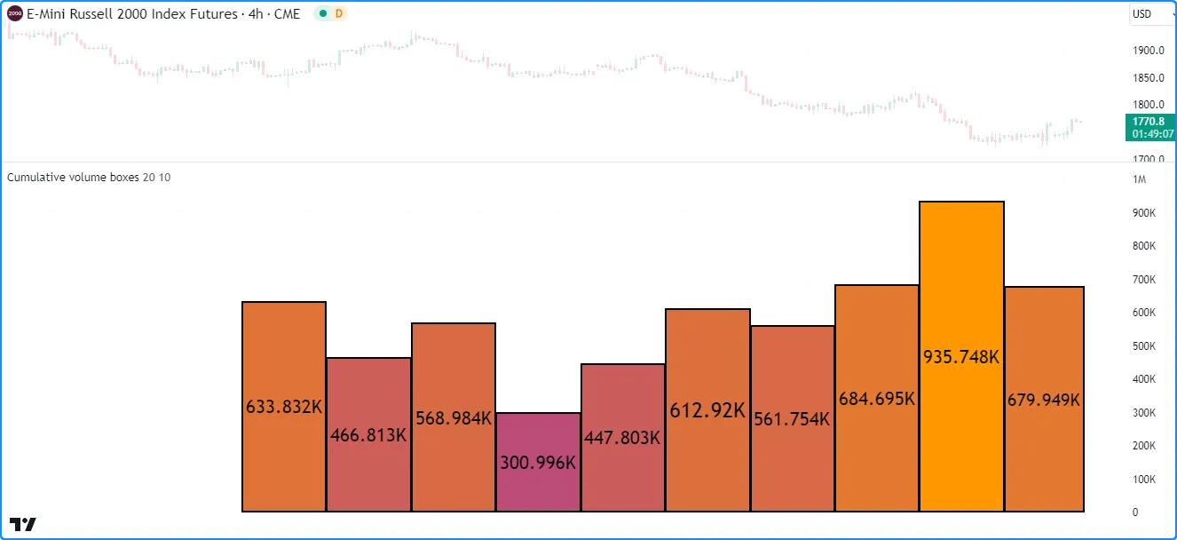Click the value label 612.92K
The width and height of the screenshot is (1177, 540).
pyautogui.click(x=707, y=410)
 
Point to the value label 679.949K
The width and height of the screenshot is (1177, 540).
pyautogui.click(x=1044, y=400)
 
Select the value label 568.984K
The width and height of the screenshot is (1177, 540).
pyautogui.click(x=454, y=418)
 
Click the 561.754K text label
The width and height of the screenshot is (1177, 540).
pyautogui.click(x=792, y=419)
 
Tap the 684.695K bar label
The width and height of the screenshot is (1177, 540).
pyautogui.click(x=877, y=399)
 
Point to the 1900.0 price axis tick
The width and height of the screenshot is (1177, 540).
pyautogui.click(x=1148, y=51)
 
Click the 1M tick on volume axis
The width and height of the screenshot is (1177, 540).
pyautogui.click(x=1140, y=180)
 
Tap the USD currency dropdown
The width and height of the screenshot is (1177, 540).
pyautogui.click(x=1149, y=14)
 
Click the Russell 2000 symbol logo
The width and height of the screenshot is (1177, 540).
pyautogui.click(x=15, y=14)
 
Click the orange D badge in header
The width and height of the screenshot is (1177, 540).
pyautogui.click(x=338, y=14)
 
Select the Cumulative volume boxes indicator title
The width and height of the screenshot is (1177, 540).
pyautogui.click(x=73, y=177)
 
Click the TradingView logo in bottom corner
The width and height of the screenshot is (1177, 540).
pyautogui.click(x=23, y=523)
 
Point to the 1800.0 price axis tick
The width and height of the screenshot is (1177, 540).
pyautogui.click(x=1148, y=105)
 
